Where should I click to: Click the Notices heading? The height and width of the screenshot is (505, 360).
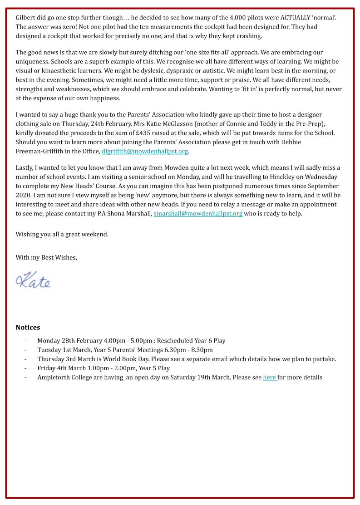click(28, 327)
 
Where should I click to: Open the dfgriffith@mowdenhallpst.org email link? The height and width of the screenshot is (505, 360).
click(144, 151)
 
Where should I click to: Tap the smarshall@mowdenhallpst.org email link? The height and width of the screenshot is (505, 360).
click(197, 213)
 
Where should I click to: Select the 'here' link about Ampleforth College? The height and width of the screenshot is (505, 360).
click(270, 377)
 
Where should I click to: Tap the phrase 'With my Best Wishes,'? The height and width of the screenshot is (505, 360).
click(46, 257)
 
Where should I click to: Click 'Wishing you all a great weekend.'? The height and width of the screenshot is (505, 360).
click(62, 235)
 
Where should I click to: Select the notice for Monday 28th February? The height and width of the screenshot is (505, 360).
click(131, 340)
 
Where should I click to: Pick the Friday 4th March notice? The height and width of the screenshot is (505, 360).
click(104, 368)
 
